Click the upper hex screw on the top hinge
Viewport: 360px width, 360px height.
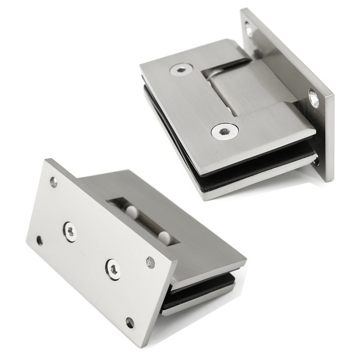(x=181, y=70)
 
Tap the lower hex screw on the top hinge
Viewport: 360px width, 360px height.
(x=224, y=132)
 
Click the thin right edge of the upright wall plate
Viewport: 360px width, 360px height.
(x=328, y=141)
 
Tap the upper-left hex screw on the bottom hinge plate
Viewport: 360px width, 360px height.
(x=70, y=231)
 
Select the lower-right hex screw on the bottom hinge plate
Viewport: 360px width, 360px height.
(x=112, y=269)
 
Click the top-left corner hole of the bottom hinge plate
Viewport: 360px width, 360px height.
(x=53, y=182)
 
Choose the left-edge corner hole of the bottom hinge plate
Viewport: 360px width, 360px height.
(x=39, y=240)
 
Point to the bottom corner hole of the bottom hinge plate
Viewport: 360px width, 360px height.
(x=130, y=322)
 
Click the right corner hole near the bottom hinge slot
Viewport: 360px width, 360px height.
(x=150, y=262)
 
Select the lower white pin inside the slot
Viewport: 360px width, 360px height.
(x=163, y=237)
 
